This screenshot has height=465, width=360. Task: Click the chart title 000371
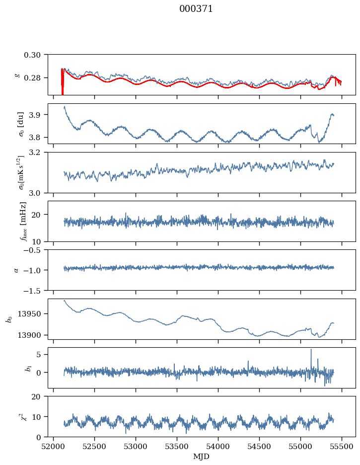click(196, 9)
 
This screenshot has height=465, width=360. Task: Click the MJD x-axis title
click(202, 456)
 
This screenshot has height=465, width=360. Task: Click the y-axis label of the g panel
click(17, 75)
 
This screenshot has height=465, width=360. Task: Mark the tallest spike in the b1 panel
click(311, 350)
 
